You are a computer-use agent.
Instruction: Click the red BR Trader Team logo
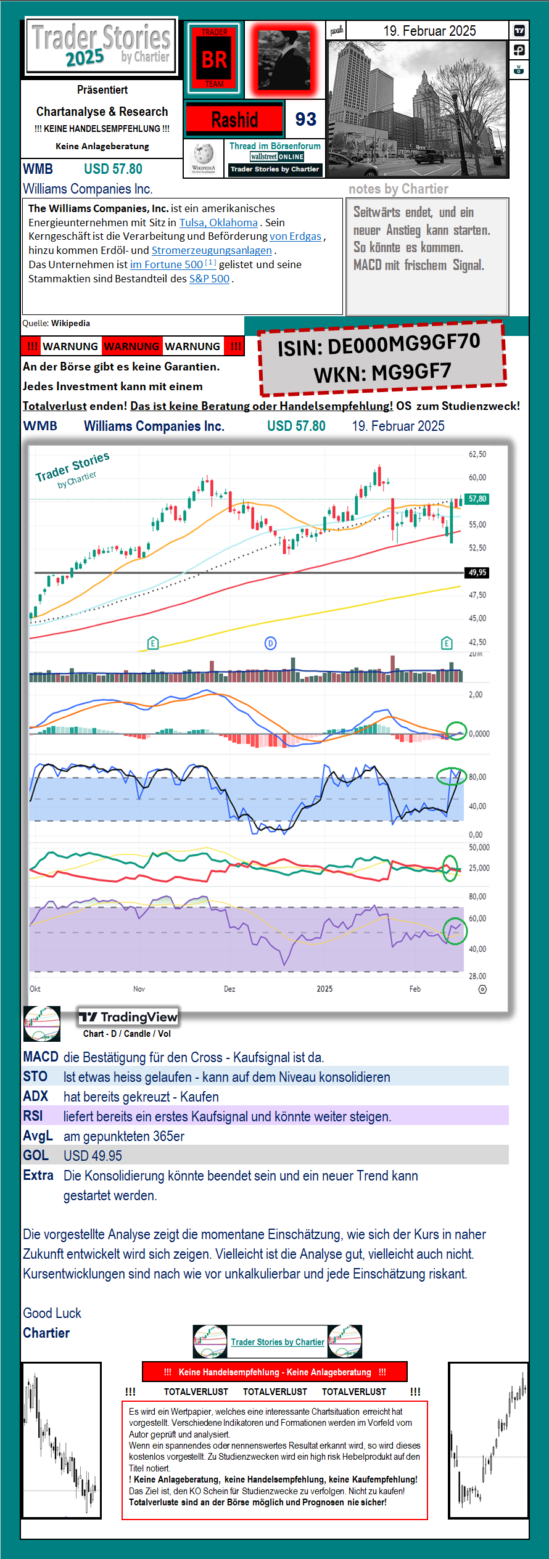pyautogui.click(x=214, y=59)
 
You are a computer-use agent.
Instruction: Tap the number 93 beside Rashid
pyautogui.click(x=305, y=119)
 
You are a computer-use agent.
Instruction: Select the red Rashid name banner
pyautogui.click(x=234, y=119)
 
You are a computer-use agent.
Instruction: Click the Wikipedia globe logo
pyautogui.click(x=203, y=155)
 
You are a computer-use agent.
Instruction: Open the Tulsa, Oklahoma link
pyautogui.click(x=218, y=223)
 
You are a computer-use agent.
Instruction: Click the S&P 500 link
pyautogui.click(x=209, y=279)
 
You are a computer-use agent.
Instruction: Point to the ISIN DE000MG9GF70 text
pyautogui.click(x=378, y=345)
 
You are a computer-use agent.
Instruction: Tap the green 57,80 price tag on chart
pyautogui.click(x=477, y=499)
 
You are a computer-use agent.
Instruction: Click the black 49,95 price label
pyautogui.click(x=477, y=573)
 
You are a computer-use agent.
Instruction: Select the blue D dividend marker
pyautogui.click(x=270, y=644)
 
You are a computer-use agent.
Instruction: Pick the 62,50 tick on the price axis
pyautogui.click(x=477, y=454)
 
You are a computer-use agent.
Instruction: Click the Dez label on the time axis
pyautogui.click(x=229, y=989)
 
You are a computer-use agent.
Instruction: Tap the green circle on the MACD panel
pyautogui.click(x=456, y=731)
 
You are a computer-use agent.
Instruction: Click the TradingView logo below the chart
pyautogui.click(x=128, y=1017)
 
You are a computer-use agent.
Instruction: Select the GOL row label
pyautogui.click(x=36, y=1155)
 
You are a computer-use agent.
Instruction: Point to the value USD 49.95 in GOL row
pyautogui.click(x=93, y=1156)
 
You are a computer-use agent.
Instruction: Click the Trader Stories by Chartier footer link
pyautogui.click(x=278, y=1342)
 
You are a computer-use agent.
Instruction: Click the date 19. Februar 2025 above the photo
pyautogui.click(x=429, y=31)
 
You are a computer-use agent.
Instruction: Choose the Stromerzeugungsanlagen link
pyautogui.click(x=212, y=250)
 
